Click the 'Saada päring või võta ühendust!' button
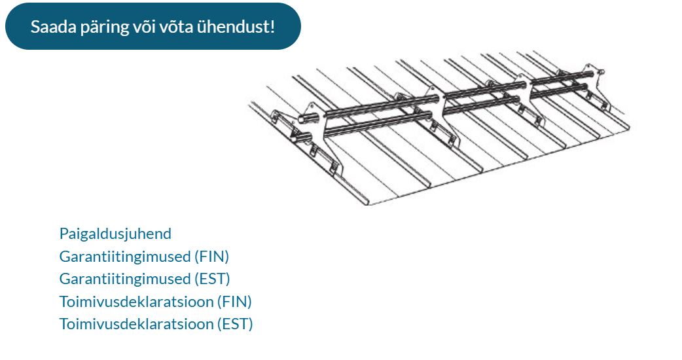pyautogui.click(x=153, y=26)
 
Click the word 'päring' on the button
pyautogui.click(x=105, y=27)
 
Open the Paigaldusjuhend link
pyautogui.click(x=115, y=234)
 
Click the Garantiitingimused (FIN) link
pyautogui.click(x=144, y=257)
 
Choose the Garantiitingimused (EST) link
pyautogui.click(x=145, y=279)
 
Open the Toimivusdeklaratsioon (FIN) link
pyautogui.click(x=156, y=301)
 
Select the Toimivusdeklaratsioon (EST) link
pyautogui.click(x=156, y=324)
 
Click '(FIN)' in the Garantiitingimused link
pyautogui.click(x=211, y=257)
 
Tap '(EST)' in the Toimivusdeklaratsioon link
pyautogui.click(x=235, y=324)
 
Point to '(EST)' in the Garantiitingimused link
pyautogui.click(x=212, y=279)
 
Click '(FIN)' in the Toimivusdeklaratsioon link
pyautogui.click(x=234, y=301)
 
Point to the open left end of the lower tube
pyautogui.click(x=295, y=139)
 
